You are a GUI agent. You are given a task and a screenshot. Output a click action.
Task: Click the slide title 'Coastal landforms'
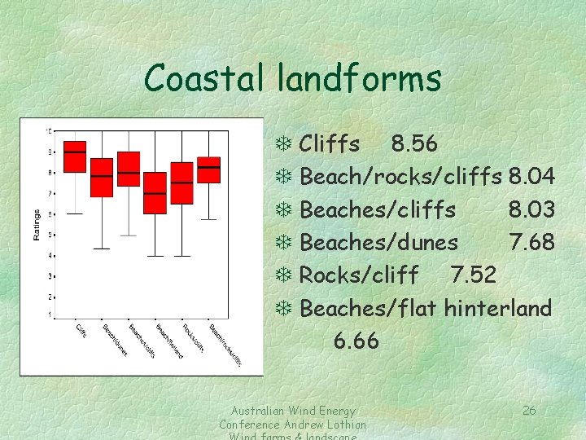[x=293, y=79]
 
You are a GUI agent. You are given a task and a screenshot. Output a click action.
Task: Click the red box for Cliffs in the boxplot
[x=75, y=156]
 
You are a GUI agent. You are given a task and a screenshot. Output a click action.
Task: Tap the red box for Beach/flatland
[x=155, y=193]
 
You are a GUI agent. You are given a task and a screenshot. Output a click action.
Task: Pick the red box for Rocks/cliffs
[x=182, y=183]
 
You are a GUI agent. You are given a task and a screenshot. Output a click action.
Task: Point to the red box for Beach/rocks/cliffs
[x=209, y=169]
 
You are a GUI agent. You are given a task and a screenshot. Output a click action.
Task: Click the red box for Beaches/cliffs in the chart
[x=129, y=169]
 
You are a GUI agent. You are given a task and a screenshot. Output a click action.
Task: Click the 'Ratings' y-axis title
[x=36, y=225]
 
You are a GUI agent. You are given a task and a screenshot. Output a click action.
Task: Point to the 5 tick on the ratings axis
[x=50, y=235]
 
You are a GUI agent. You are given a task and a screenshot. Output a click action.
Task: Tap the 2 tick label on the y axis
[x=50, y=297]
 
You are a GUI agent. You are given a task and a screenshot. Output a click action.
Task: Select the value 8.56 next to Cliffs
[x=414, y=144]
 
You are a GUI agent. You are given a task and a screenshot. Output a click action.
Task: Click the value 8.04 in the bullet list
[x=531, y=177]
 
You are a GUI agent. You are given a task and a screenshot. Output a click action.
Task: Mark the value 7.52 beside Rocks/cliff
[x=473, y=275]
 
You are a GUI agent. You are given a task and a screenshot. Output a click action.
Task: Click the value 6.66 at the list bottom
[x=356, y=341]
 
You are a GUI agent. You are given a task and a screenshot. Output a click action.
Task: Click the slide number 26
[x=529, y=411]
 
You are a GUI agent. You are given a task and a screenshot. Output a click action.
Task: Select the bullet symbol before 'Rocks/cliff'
[x=284, y=275]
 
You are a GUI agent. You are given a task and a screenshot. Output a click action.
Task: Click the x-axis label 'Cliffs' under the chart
[x=81, y=330]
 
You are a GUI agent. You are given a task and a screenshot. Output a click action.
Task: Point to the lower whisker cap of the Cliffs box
[x=75, y=213]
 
